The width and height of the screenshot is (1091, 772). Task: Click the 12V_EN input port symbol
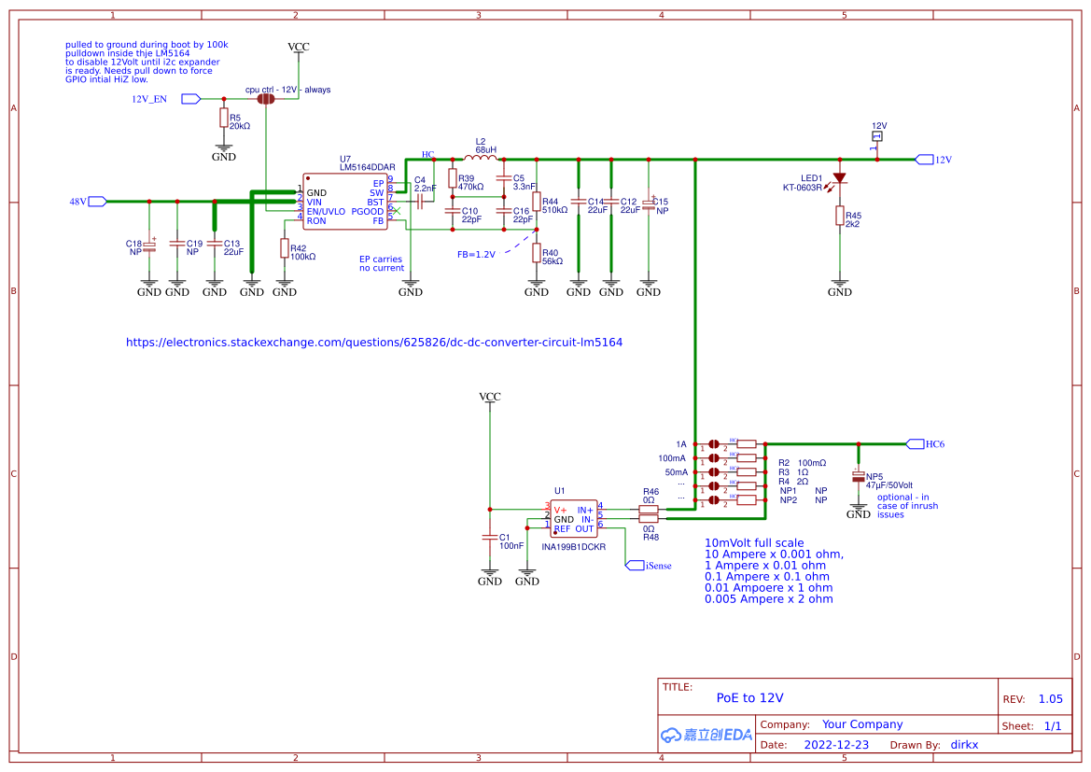pos(190,98)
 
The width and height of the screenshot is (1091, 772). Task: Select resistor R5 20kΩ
pos(223,118)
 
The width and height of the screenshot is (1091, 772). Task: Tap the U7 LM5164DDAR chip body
pos(345,201)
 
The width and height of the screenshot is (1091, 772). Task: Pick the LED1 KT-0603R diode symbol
pos(839,177)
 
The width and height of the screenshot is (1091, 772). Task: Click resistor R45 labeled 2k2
pos(839,217)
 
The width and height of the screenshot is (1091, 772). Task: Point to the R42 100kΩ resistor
pos(285,247)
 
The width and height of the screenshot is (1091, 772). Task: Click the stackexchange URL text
pos(373,343)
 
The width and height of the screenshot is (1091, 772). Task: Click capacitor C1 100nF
pos(489,538)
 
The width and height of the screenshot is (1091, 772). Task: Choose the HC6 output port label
pos(934,444)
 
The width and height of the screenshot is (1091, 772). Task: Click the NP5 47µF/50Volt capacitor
pos(858,477)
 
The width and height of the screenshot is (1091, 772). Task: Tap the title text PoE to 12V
pos(749,697)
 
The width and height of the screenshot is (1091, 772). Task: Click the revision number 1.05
pos(1050,699)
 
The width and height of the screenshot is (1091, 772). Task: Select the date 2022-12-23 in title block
pos(836,745)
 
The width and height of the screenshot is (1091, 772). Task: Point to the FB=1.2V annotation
pos(476,254)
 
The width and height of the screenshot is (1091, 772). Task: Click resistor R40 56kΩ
pos(537,253)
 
